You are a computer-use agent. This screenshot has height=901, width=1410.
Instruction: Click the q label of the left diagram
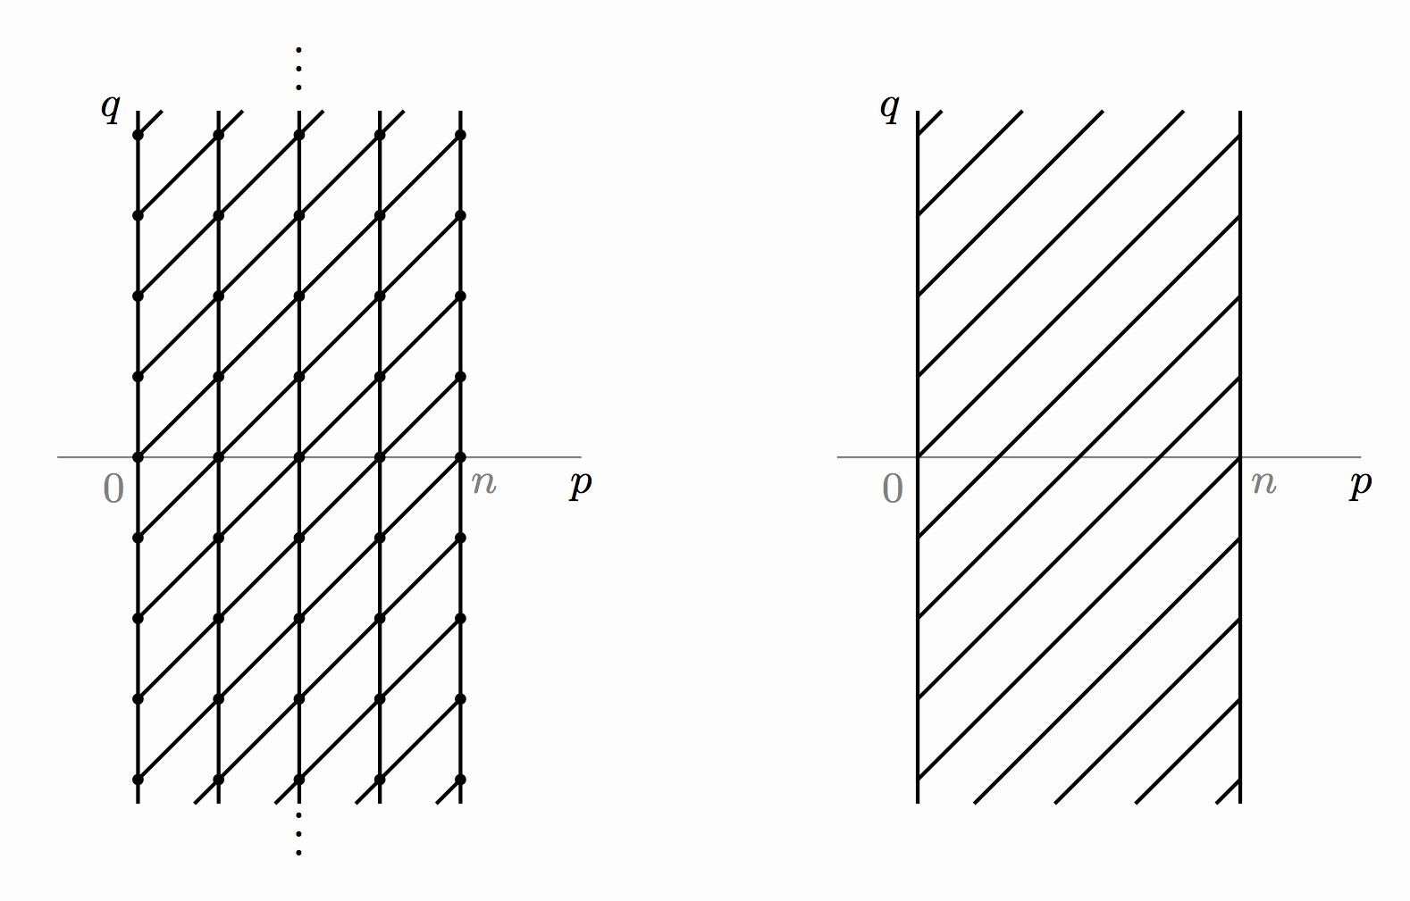(110, 109)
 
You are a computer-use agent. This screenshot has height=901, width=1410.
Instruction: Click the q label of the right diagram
(889, 109)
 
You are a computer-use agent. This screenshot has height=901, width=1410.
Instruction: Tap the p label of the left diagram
(581, 485)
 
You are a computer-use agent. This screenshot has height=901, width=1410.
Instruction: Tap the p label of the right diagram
(1360, 485)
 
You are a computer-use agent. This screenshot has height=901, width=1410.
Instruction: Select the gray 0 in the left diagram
(113, 488)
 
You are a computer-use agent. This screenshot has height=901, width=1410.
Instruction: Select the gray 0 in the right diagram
(893, 488)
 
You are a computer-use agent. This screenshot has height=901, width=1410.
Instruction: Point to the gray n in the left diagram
(483, 483)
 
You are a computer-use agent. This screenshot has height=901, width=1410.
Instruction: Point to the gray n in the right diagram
(1263, 483)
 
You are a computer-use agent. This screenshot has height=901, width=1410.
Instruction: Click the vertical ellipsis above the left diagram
(298, 69)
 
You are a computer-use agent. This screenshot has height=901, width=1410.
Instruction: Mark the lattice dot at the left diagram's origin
(138, 457)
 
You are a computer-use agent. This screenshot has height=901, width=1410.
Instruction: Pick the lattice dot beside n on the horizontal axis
(460, 457)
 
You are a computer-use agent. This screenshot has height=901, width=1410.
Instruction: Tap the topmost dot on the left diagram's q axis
(138, 135)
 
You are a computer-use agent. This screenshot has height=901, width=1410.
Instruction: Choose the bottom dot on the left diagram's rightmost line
(460, 780)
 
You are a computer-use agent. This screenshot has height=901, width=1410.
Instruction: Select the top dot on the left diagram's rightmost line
(460, 135)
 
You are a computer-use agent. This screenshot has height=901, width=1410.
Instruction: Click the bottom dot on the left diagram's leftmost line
(138, 780)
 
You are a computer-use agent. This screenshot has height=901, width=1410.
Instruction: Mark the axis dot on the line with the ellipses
(298, 457)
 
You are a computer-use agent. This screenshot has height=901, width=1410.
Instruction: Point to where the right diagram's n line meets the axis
(1240, 457)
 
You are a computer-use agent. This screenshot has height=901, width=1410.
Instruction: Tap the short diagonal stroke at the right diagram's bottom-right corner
(1229, 792)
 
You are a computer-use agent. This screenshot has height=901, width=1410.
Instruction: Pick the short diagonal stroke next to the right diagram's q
(930, 123)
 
